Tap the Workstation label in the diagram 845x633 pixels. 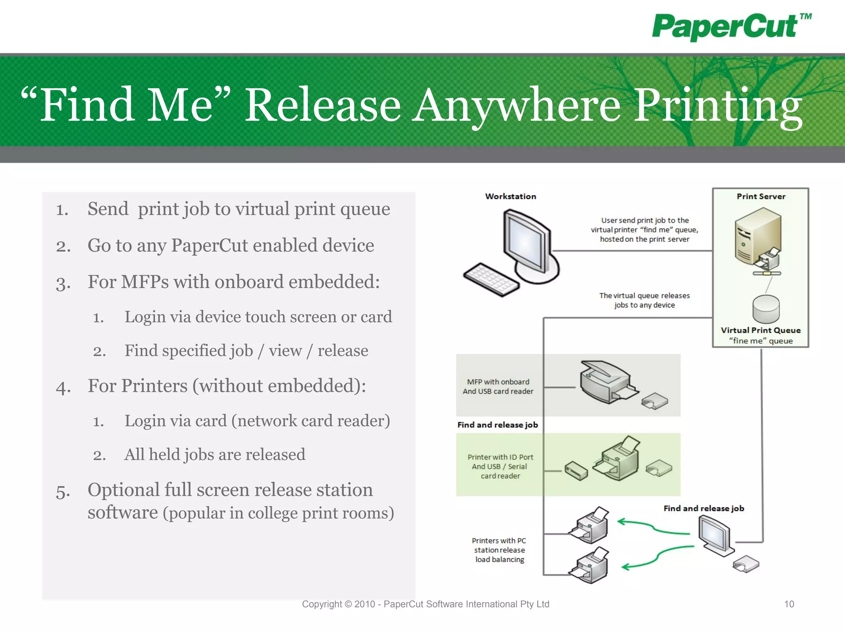[510, 197]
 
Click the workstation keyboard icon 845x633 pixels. [491, 279]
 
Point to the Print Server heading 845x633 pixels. [761, 197]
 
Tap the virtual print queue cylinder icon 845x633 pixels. [766, 309]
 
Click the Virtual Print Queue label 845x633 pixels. [760, 330]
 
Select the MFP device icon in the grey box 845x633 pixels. [607, 382]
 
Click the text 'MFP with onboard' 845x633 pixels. [498, 382]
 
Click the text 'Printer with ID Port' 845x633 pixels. [500, 457]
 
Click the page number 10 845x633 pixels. [789, 604]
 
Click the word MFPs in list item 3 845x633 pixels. [145, 282]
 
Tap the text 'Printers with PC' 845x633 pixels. [499, 541]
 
